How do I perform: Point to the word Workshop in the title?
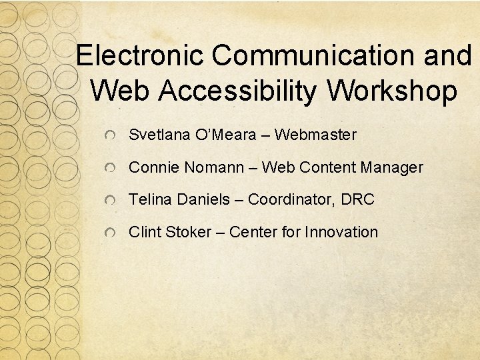(x=393, y=91)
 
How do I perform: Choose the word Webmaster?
(x=315, y=135)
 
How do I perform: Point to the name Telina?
(x=151, y=199)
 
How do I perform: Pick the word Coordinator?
(x=291, y=199)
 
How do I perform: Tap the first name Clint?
(x=144, y=232)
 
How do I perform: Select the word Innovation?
(x=341, y=232)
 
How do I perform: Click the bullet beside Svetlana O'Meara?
(x=112, y=136)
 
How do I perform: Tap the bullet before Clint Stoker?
(x=112, y=233)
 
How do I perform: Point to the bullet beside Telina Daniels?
(x=112, y=201)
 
